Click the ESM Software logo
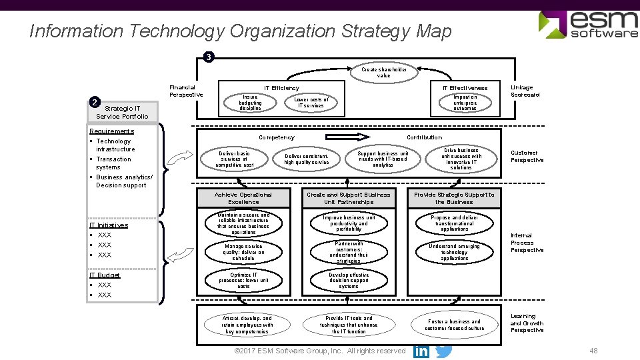pos(588,24)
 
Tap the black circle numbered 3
pos(209,57)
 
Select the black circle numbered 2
pos(96,102)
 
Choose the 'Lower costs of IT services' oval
pos(311,102)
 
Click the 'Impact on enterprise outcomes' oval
pos(465,102)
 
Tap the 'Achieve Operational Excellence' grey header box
pos(243,198)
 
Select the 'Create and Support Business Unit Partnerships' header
pos(349,198)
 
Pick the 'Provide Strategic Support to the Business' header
pos(454,198)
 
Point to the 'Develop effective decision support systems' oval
pos(349,280)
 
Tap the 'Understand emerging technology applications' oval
pos(454,252)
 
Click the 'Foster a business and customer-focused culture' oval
pos(454,325)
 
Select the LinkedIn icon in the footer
pos(421,351)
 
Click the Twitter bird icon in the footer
pos(443,350)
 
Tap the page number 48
pos(593,351)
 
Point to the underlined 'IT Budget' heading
pos(105,275)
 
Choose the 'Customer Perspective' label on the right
pos(527,156)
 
